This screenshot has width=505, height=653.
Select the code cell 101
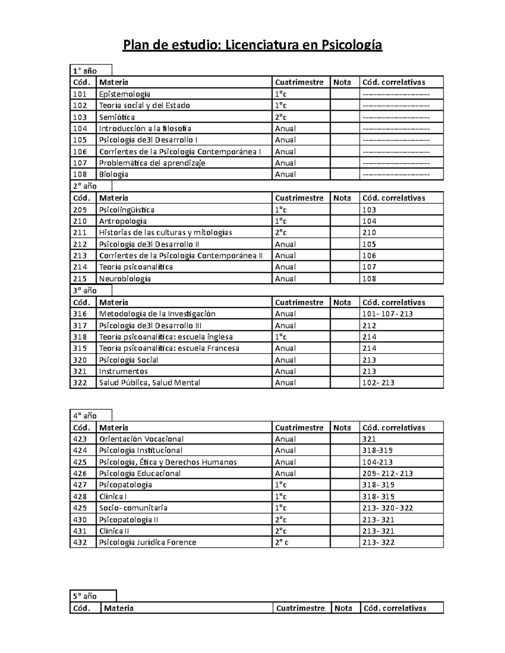[x=80, y=94]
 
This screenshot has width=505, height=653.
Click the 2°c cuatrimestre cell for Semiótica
[x=281, y=117]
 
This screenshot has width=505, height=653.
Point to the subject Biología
[x=113, y=174]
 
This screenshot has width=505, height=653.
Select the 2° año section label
[x=85, y=186]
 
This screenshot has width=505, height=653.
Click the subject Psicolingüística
[x=126, y=210]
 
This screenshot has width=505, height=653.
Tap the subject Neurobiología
[x=125, y=279]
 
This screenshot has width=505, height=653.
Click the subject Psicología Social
[x=128, y=360]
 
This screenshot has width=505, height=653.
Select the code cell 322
[x=80, y=383]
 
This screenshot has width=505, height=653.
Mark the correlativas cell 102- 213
[x=378, y=383]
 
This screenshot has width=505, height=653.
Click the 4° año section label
[x=85, y=416]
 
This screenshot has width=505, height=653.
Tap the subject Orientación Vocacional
[x=141, y=439]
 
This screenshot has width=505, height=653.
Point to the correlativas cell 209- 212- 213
[x=387, y=473]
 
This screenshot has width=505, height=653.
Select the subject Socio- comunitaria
[x=133, y=508]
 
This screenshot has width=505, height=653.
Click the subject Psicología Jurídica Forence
[x=147, y=542]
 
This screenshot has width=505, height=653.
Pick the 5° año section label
[x=85, y=596]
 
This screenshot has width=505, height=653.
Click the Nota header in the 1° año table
[x=342, y=82]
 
